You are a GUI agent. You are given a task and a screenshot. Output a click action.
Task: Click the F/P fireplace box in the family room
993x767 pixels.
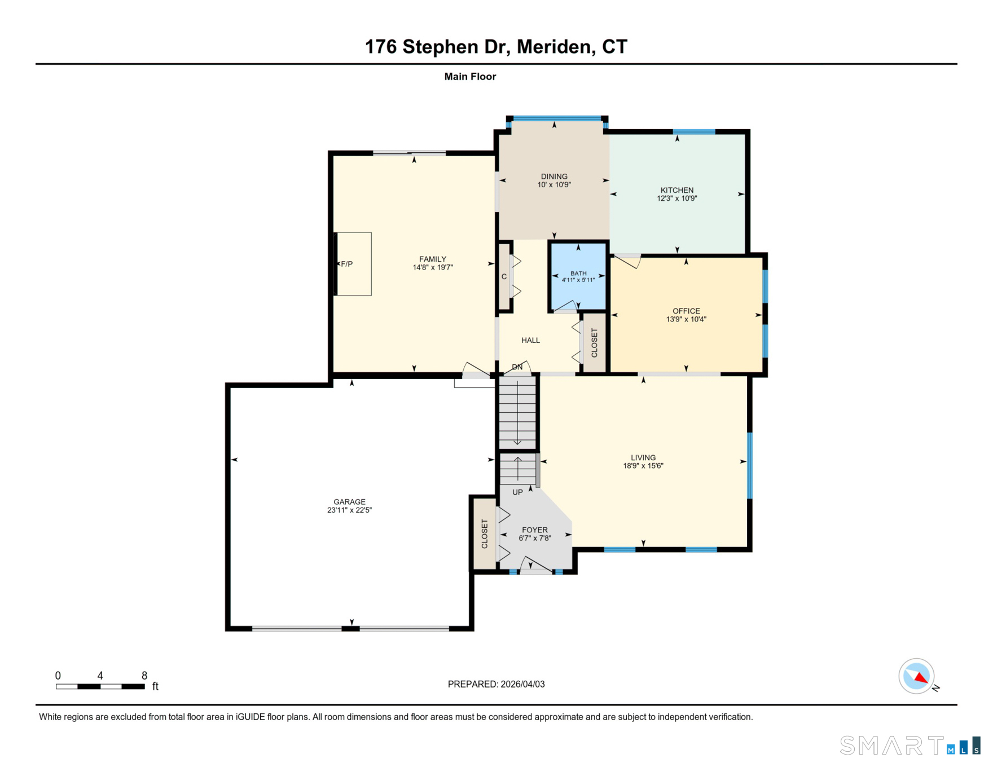354,264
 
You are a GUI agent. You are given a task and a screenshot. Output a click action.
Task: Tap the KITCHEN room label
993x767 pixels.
676,190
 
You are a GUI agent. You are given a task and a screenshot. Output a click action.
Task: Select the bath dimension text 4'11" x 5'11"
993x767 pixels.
578,280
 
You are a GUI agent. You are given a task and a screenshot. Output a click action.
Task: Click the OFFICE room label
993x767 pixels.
686,311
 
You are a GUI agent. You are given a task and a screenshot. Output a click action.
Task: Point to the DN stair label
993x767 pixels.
517,367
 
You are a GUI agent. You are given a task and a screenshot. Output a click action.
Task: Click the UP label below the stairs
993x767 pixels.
517,492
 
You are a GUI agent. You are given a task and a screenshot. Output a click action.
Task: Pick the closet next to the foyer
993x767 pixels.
484,534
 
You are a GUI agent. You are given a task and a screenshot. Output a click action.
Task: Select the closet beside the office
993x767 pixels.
594,343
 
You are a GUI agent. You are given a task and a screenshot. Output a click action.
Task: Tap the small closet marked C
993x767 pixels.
504,276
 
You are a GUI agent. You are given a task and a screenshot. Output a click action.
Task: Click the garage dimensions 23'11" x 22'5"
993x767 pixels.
349,510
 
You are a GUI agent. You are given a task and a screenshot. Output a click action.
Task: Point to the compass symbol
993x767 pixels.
916,676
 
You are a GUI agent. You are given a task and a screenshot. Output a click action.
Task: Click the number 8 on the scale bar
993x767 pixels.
144,676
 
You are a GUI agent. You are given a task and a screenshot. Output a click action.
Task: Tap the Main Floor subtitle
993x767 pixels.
469,77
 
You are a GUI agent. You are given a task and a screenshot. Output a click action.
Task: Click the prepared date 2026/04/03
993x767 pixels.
522,684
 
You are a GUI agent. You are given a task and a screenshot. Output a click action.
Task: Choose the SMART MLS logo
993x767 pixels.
909,746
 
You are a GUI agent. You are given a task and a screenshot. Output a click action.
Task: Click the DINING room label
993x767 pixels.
553,177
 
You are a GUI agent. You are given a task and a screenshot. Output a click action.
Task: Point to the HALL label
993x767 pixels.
530,340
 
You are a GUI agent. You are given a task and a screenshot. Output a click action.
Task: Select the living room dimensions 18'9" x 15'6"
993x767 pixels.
643,466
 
